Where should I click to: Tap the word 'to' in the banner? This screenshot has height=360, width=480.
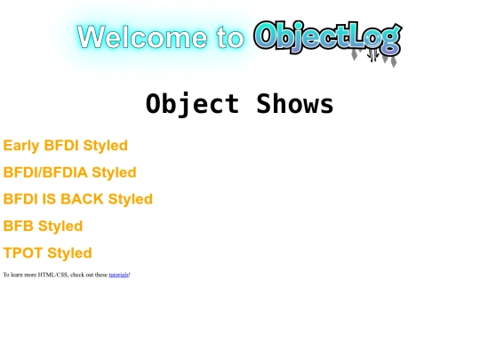[228, 37]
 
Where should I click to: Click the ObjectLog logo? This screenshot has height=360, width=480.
[326, 37]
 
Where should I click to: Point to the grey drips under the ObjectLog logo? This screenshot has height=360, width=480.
[374, 56]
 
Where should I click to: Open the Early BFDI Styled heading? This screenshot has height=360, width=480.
[66, 146]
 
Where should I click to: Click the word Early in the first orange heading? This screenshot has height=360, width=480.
[21, 146]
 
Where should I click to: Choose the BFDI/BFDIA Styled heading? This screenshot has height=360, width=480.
[70, 172]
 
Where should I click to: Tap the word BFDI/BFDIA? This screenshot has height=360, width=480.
[45, 172]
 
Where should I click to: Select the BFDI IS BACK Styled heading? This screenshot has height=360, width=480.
[78, 199]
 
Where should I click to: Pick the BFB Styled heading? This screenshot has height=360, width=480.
[43, 226]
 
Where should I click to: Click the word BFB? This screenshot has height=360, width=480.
[19, 226]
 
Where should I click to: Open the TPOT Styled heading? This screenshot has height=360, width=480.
[48, 252]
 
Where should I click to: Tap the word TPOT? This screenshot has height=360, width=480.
[23, 252]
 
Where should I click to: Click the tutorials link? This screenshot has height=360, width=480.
[118, 275]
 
